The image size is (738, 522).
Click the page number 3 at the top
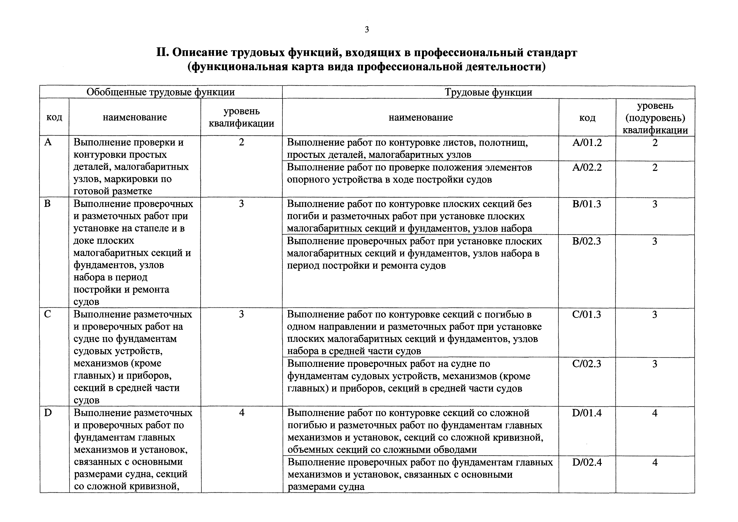[x=367, y=30]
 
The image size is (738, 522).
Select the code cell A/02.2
[x=587, y=167]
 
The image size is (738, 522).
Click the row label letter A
[x=48, y=142]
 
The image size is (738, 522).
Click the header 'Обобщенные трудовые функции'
[x=161, y=92]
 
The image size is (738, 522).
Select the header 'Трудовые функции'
[x=488, y=93]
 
